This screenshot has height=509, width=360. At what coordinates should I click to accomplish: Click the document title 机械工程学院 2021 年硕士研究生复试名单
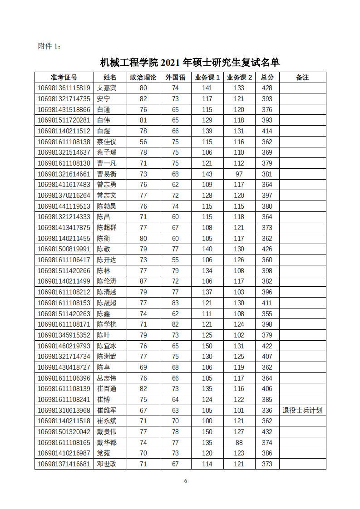(189, 62)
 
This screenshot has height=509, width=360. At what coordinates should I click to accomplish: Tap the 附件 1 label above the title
(49, 46)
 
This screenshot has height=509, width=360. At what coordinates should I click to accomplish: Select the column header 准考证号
(64, 78)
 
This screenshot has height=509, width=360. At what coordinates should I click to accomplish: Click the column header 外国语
(175, 78)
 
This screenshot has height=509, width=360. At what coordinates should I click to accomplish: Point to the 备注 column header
(302, 78)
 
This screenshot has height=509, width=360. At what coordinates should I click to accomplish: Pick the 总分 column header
(267, 78)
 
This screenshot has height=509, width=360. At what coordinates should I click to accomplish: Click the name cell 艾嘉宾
(107, 88)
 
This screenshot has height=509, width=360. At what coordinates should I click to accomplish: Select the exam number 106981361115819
(64, 88)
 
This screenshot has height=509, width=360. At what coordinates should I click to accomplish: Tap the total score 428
(267, 88)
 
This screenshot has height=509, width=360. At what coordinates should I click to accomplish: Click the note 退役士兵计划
(302, 411)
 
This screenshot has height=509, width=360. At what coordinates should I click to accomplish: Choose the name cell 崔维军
(107, 411)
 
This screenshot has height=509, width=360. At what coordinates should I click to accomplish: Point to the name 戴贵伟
(107, 432)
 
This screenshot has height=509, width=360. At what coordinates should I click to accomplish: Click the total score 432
(267, 432)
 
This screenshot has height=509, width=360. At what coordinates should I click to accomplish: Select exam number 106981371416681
(64, 464)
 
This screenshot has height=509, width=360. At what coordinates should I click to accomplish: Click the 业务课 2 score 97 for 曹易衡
(239, 174)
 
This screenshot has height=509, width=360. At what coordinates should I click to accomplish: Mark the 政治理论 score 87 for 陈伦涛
(143, 281)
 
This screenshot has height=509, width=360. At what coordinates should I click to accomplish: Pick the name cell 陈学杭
(107, 324)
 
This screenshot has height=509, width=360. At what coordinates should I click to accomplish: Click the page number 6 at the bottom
(186, 481)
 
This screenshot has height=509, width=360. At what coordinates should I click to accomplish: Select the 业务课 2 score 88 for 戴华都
(239, 443)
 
